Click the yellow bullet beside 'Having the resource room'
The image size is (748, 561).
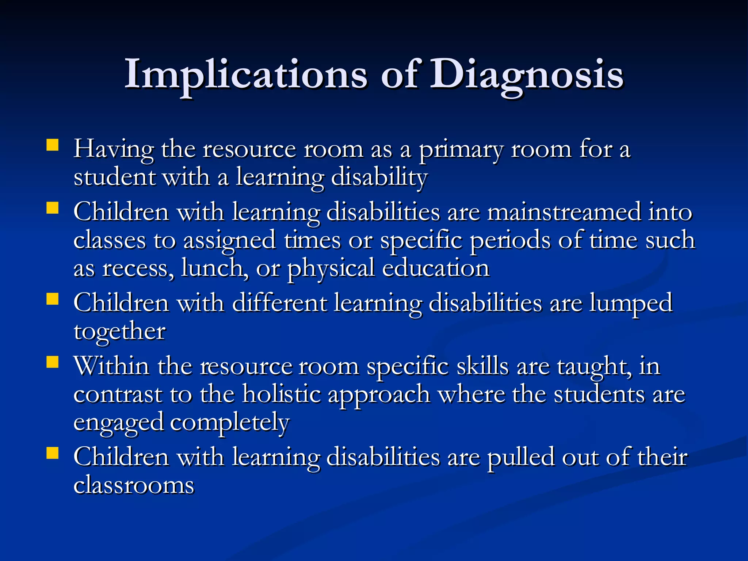click(53, 145)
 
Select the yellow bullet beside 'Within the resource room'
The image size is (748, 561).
click(53, 362)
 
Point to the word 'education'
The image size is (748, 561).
click(436, 268)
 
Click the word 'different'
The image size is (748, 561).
click(279, 303)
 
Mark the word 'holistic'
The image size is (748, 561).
click(282, 394)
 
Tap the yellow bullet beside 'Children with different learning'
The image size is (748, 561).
click(53, 299)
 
